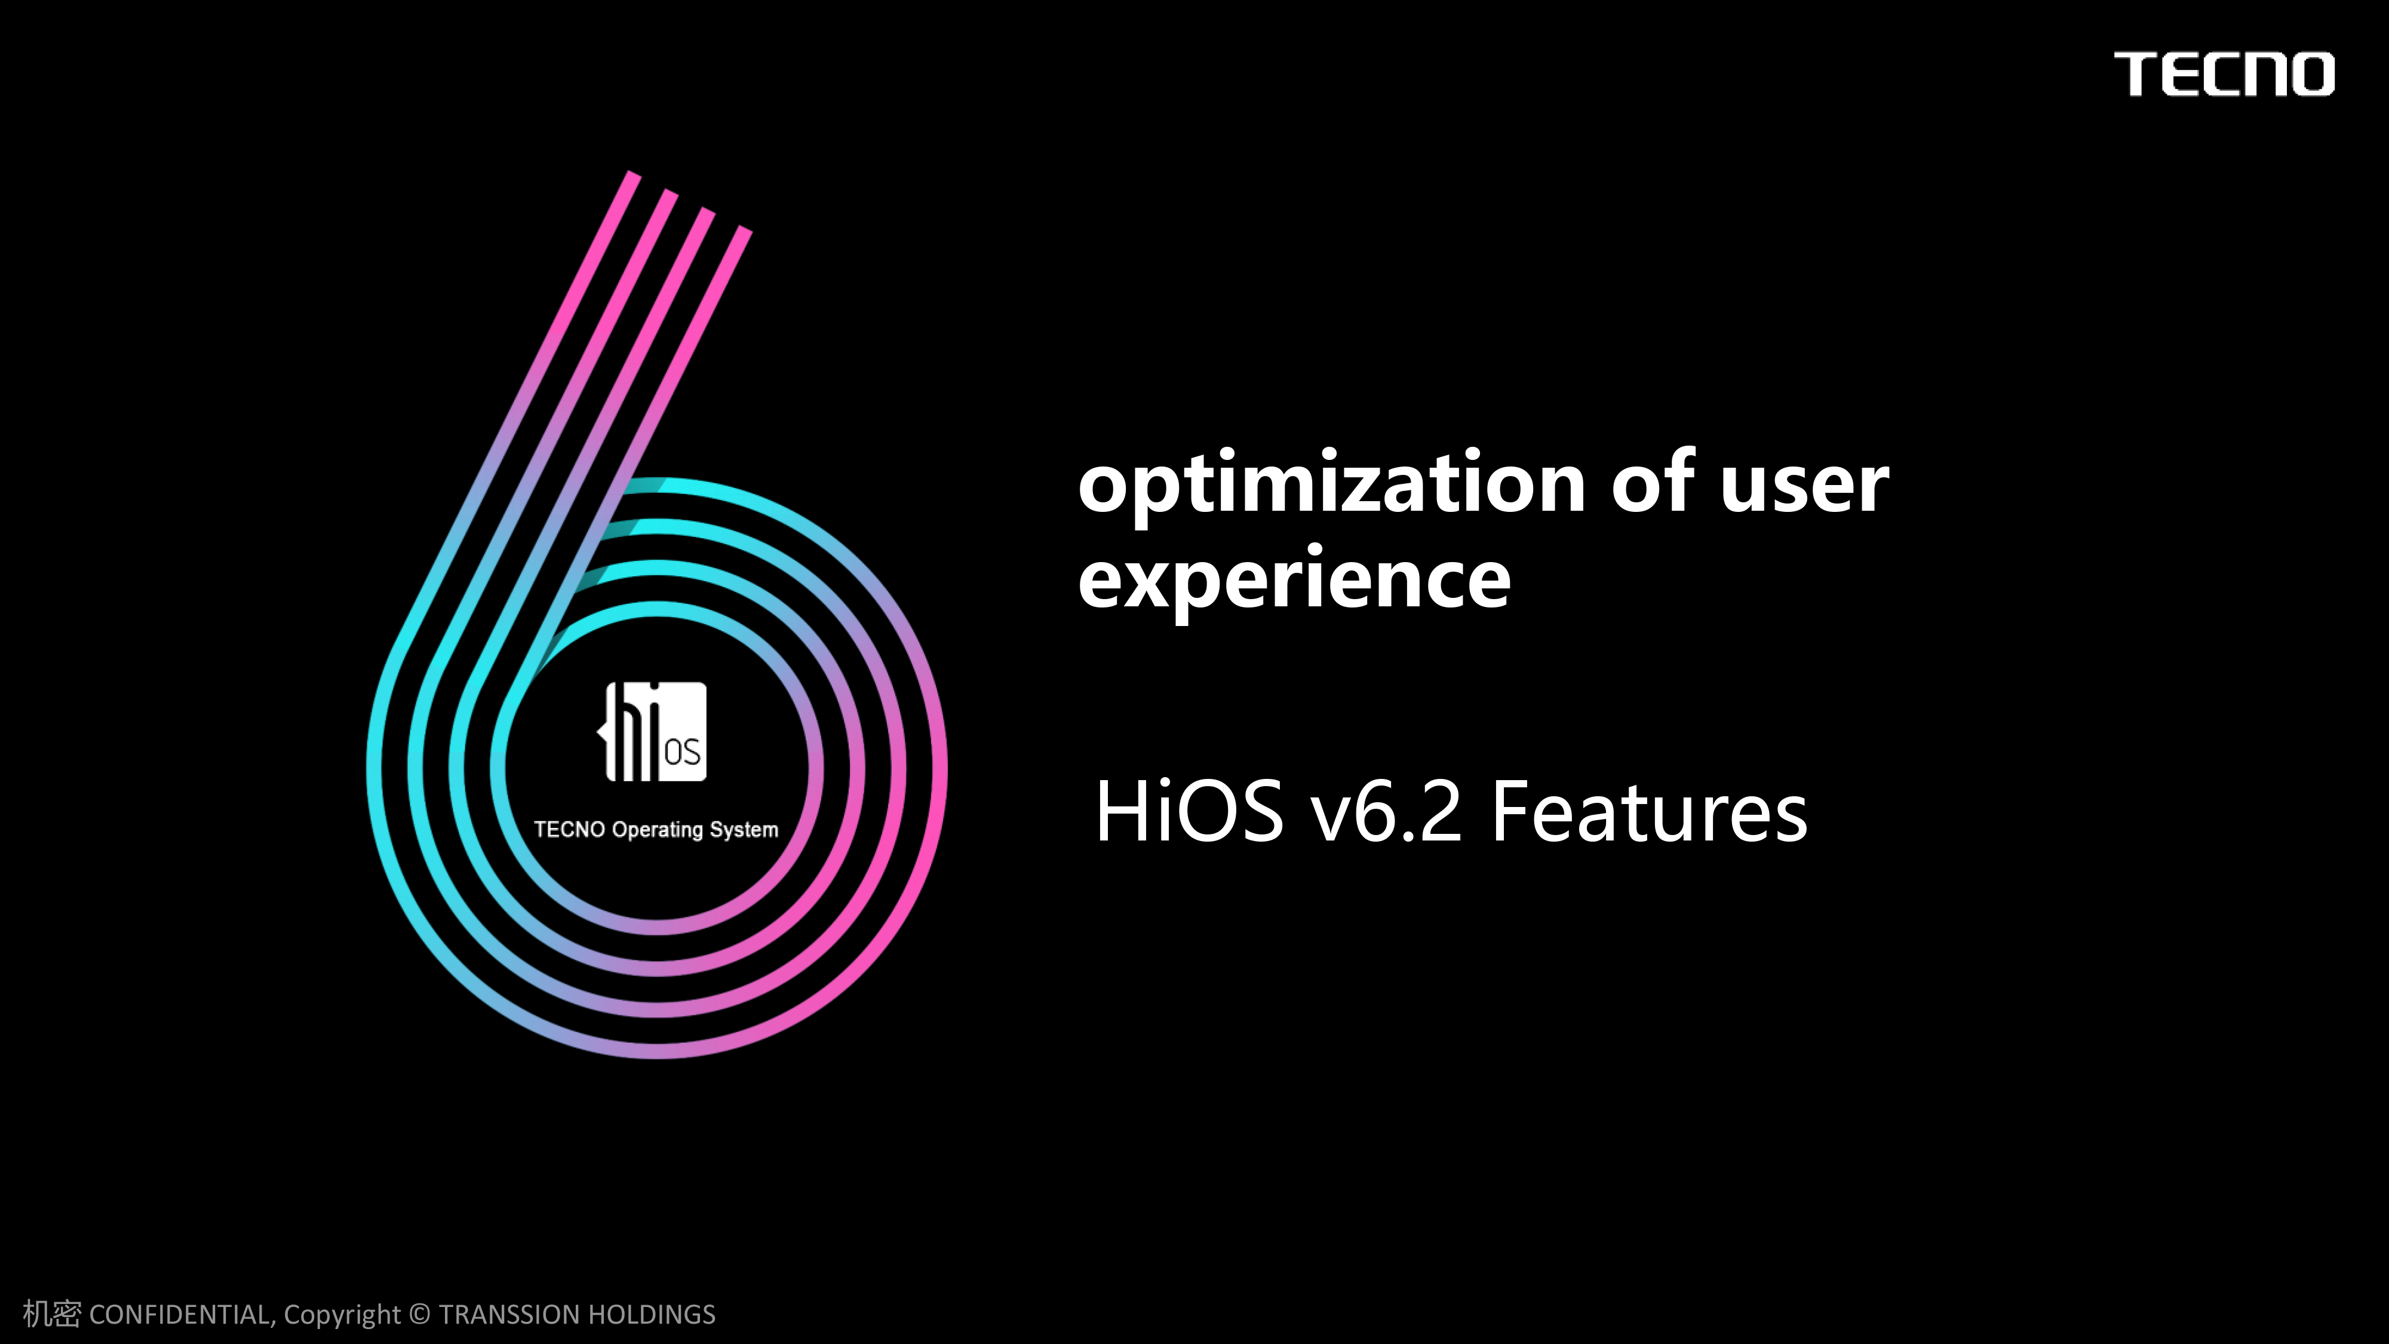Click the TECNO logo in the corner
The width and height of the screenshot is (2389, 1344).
[x=2224, y=74]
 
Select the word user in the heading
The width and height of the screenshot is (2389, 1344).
[x=1804, y=484]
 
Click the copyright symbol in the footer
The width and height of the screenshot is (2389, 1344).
[x=419, y=1314]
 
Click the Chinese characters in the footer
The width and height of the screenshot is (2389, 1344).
[x=52, y=1314]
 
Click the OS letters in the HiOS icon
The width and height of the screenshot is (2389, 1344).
[x=683, y=752]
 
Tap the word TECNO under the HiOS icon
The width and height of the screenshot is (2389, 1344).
[x=569, y=829]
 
